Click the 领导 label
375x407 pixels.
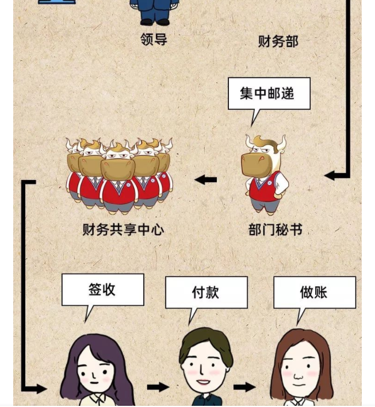click(154, 40)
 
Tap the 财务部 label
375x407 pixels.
click(278, 41)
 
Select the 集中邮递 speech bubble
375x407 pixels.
click(269, 93)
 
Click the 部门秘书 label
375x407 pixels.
click(275, 230)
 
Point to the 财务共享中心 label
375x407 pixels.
click(123, 230)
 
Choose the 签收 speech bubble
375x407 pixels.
click(102, 289)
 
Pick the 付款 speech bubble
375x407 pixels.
click(205, 292)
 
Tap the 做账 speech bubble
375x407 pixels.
click(314, 292)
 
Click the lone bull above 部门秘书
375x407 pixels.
click(265, 172)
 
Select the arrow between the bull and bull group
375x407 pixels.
click(206, 180)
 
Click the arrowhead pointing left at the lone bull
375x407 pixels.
click(330, 175)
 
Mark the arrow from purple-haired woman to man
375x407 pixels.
click(158, 387)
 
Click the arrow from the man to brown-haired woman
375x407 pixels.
click(244, 387)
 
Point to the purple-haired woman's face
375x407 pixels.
click(96, 371)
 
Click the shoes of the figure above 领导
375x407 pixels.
click(154, 22)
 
